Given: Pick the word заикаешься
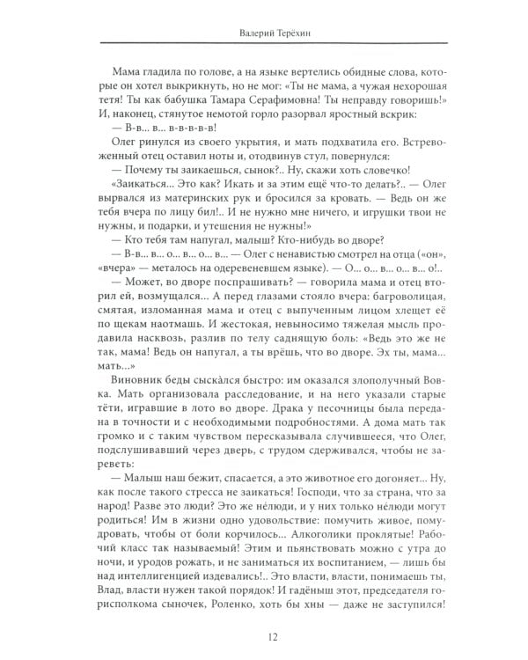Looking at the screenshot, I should [x=205, y=201].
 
